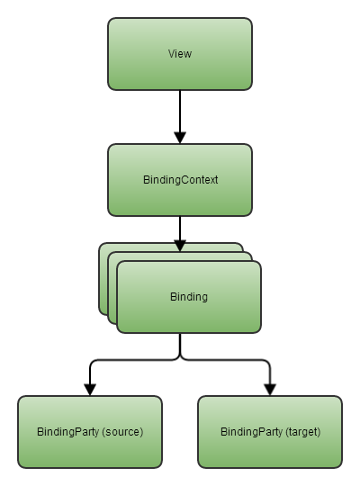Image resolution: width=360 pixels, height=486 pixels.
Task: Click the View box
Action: coord(180,54)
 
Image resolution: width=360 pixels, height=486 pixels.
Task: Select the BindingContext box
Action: coord(180,180)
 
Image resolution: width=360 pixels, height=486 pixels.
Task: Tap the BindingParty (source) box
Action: coord(90,432)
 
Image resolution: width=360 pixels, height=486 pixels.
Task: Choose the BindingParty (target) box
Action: coord(270,432)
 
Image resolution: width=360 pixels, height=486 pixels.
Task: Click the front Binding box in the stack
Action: coord(189,297)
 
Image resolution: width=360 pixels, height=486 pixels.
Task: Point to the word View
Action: coord(180,54)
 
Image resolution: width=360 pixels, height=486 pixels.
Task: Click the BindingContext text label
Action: coord(181,180)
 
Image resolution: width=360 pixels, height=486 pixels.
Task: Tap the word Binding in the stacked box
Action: coord(189,297)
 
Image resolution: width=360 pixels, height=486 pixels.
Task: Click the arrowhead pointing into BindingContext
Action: coord(180,138)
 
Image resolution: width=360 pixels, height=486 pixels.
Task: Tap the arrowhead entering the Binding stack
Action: coord(180,246)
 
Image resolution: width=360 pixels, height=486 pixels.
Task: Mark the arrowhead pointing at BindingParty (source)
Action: coord(90,390)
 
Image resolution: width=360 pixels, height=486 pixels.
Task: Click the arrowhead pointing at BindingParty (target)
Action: coord(270,390)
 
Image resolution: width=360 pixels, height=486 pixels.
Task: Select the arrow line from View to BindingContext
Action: coord(180,117)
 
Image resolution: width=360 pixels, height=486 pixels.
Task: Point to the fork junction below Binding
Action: coord(180,356)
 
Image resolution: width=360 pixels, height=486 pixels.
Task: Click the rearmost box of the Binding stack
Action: coord(103,279)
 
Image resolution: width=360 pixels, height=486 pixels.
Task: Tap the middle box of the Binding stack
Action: coord(112,288)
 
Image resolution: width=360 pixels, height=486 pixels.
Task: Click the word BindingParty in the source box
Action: coord(67,432)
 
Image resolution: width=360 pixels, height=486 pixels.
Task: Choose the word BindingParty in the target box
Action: coord(251,432)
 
